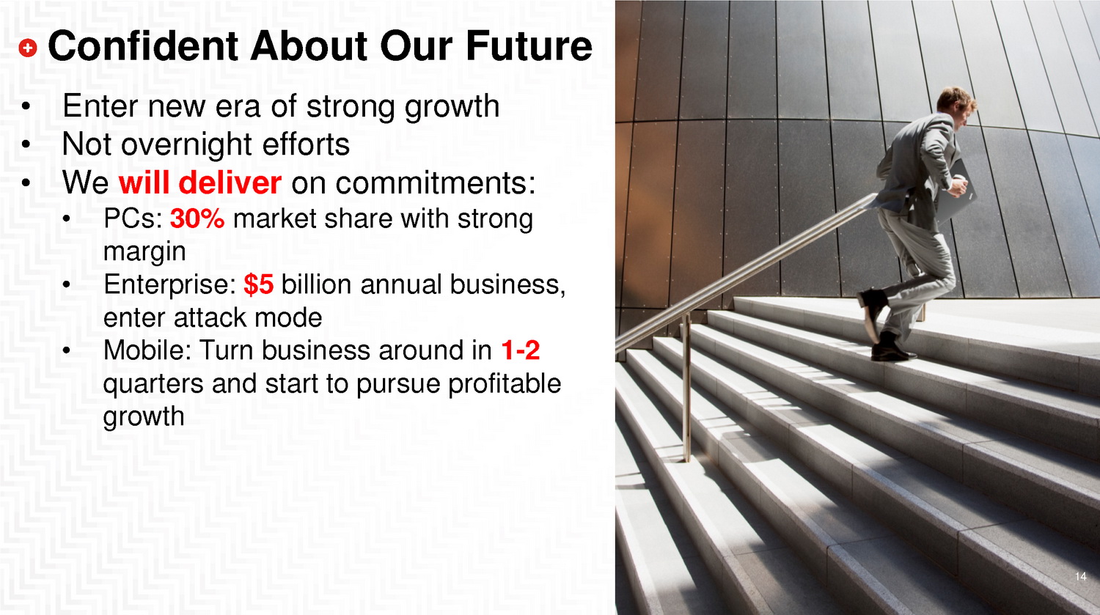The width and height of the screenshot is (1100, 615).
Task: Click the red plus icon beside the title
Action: [28, 48]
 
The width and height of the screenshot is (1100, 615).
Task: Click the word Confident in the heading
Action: [144, 46]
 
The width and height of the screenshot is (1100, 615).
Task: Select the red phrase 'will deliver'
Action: [200, 182]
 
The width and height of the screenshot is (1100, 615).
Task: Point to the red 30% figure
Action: [197, 218]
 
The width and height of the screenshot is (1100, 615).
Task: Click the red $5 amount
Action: [259, 284]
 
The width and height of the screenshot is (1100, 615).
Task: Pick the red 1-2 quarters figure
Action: [521, 350]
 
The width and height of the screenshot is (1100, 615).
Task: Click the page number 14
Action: [1081, 576]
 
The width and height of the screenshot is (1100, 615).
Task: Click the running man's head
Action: [956, 104]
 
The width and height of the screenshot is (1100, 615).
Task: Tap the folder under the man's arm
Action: [959, 192]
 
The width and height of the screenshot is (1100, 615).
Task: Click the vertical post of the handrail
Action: [686, 388]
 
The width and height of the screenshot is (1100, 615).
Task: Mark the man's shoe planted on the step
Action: [892, 350]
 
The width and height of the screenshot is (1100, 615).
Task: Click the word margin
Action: [144, 252]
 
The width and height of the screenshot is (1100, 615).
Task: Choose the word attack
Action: [213, 317]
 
